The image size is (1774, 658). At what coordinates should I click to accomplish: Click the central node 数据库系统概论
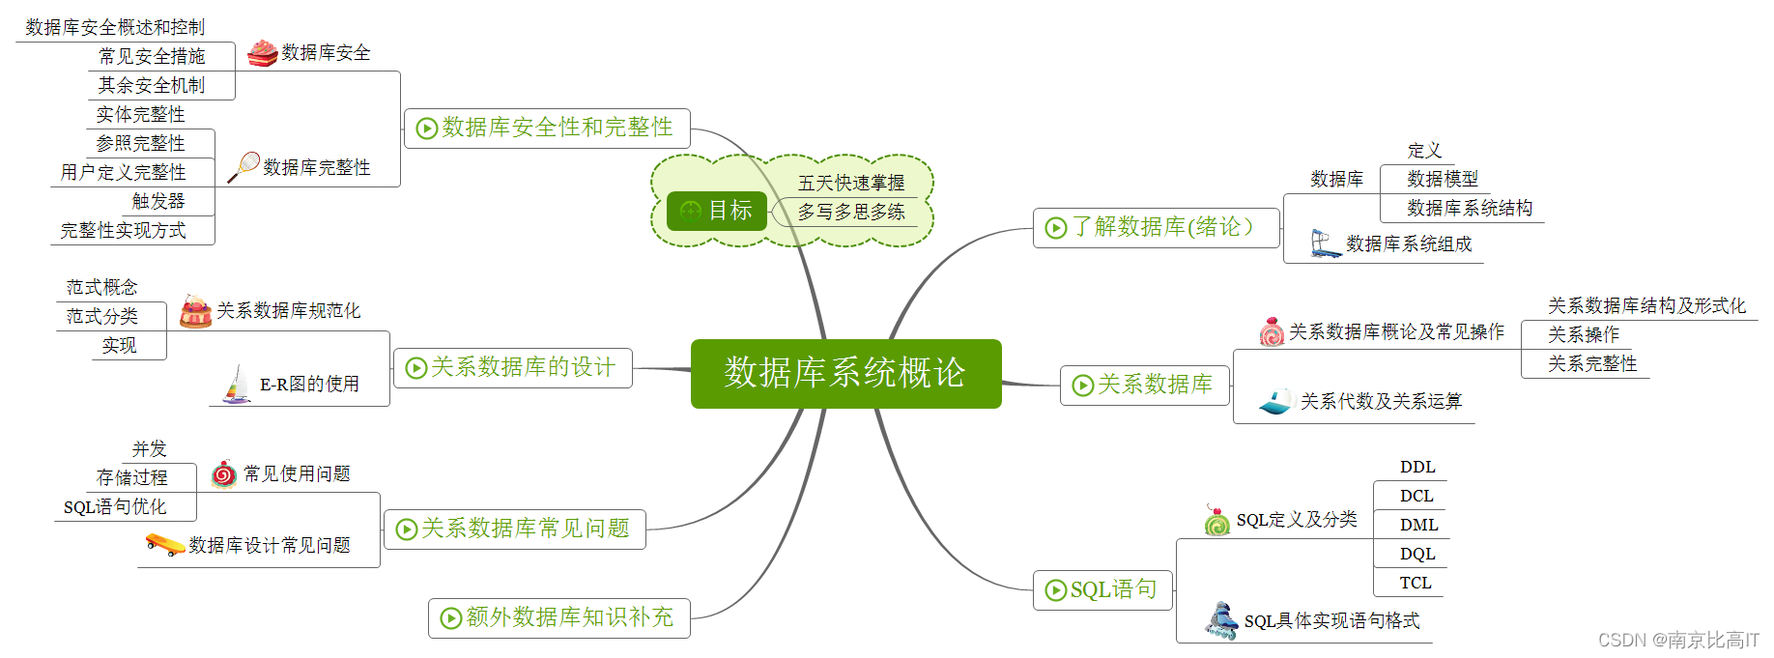845,373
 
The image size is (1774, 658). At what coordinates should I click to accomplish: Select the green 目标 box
716,211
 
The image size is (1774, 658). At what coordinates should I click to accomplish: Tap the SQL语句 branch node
1102,589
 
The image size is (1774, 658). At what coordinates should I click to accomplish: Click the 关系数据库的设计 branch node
512,367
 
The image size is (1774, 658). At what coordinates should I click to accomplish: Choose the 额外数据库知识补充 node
558,617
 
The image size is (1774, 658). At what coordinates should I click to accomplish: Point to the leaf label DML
1418,525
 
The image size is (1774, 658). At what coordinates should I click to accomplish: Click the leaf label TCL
1416,583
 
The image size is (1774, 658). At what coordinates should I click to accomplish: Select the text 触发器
158,201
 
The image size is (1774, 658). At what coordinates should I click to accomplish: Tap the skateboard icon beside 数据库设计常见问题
164,545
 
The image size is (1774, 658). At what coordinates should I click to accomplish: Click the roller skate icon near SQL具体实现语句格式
1221,620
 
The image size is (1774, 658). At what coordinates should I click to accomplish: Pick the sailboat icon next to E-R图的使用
237,385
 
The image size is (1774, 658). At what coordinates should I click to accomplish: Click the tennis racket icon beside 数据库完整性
243,166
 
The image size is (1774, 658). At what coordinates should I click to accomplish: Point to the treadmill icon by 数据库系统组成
1324,243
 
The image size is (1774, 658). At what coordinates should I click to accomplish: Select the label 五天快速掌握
851,183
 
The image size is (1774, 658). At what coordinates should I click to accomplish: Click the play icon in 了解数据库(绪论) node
1056,227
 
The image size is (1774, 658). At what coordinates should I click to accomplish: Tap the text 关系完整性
1592,363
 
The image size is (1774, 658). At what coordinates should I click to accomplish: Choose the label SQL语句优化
115,506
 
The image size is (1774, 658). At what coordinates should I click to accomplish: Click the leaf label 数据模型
1443,179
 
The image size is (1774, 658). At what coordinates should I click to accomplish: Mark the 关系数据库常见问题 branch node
514,529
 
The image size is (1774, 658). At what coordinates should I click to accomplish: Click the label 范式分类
101,316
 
